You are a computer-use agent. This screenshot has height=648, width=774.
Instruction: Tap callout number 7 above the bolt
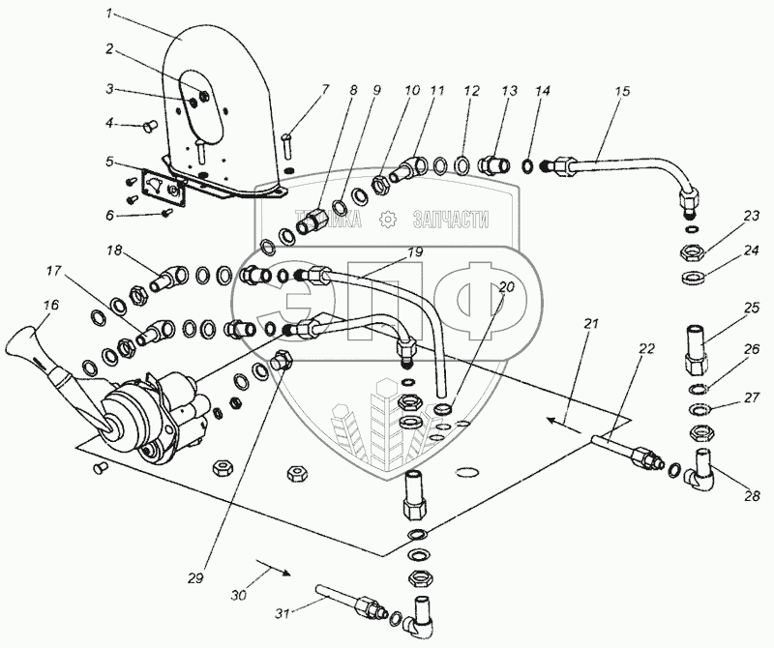pos(325,89)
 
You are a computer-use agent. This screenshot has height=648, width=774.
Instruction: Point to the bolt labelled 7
pos(288,144)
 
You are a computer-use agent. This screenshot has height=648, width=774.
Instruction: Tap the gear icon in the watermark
pos(387,221)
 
